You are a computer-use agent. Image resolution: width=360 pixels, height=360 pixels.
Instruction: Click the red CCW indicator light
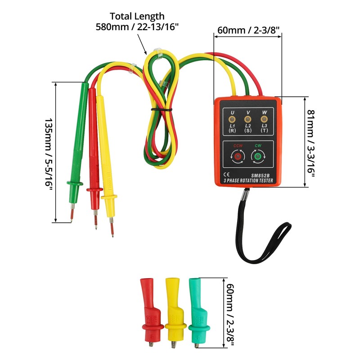click(x=238, y=157)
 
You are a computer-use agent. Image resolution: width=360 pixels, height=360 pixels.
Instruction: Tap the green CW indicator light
click(x=258, y=157)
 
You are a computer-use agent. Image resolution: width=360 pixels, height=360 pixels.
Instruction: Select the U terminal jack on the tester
click(x=232, y=119)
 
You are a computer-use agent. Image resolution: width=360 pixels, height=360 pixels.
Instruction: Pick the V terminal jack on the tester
click(x=248, y=119)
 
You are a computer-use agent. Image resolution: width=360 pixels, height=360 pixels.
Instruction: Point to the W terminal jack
click(x=264, y=119)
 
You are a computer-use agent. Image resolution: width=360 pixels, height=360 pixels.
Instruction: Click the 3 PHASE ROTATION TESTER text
click(x=248, y=181)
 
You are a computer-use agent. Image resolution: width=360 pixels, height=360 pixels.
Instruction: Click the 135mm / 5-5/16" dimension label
click(x=49, y=153)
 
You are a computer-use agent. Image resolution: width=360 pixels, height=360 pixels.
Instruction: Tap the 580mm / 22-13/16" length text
click(x=137, y=27)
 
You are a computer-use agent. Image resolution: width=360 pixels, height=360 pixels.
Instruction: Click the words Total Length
click(x=137, y=16)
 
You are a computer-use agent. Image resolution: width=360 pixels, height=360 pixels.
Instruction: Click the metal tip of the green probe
click(x=72, y=213)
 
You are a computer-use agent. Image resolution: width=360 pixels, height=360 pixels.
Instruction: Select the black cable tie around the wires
click(x=162, y=109)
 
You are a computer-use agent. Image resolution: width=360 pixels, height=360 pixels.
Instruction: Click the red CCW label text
click(x=238, y=145)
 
